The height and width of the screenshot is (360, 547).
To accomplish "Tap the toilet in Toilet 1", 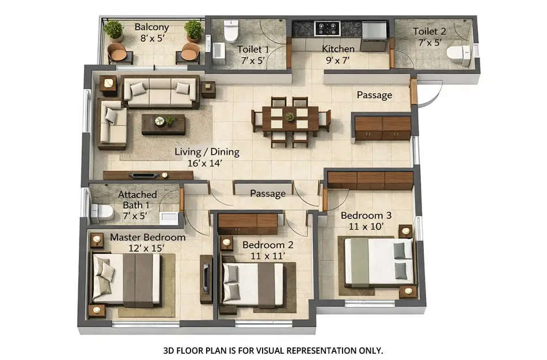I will (x=231, y=31).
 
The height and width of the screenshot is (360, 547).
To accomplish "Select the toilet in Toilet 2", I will (x=458, y=55).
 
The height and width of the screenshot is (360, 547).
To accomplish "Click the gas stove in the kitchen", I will (x=326, y=28).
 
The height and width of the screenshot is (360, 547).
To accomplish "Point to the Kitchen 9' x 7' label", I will (x=337, y=54).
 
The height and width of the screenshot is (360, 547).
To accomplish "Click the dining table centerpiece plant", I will (x=289, y=116).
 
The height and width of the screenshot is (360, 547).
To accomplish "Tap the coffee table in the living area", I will (x=164, y=123).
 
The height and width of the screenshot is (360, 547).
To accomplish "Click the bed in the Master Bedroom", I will (x=126, y=279).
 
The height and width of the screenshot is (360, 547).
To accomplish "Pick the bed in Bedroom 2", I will (x=253, y=285).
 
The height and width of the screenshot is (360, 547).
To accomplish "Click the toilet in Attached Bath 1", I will (x=101, y=212).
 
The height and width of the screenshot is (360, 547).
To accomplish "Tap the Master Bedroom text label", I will (x=148, y=237).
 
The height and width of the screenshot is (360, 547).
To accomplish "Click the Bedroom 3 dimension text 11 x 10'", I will (x=366, y=226).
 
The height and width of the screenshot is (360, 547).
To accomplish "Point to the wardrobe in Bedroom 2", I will (x=248, y=223).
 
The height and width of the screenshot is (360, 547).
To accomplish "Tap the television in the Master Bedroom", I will (x=204, y=278).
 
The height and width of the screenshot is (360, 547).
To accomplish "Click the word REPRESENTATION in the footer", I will (x=306, y=350).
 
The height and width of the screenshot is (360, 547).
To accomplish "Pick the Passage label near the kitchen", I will (x=374, y=95).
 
